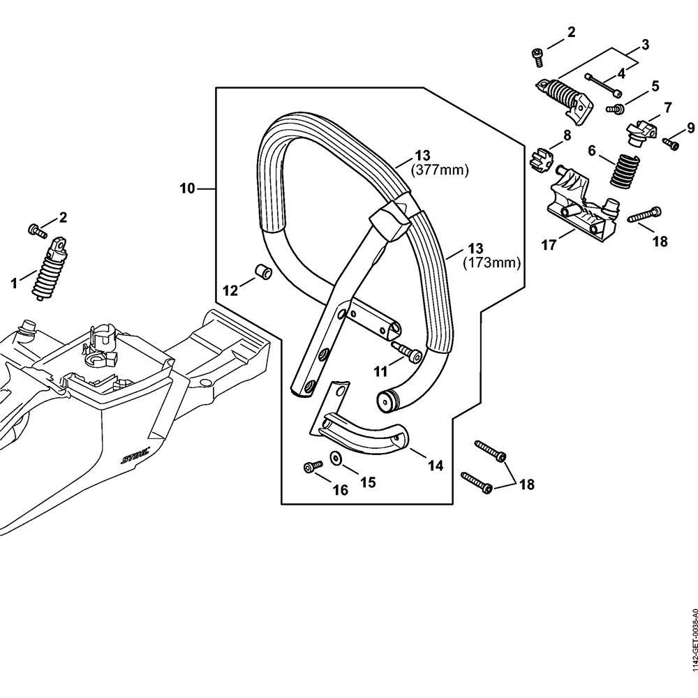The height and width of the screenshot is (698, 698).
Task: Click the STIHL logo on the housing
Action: pyautogui.click(x=134, y=456)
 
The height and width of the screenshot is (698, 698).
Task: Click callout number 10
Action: pyautogui.click(x=187, y=188)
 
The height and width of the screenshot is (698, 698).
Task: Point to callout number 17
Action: pyautogui.click(x=549, y=246)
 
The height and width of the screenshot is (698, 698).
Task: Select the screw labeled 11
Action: pyautogui.click(x=406, y=353)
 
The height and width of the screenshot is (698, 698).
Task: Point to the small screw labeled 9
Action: pyautogui.click(x=671, y=144)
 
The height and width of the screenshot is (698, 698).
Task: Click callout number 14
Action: pyautogui.click(x=435, y=466)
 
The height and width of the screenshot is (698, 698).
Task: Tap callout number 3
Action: pyautogui.click(x=645, y=45)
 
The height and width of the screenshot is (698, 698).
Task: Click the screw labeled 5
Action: pyautogui.click(x=615, y=109)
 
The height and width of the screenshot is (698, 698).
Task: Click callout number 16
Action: pyautogui.click(x=340, y=490)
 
